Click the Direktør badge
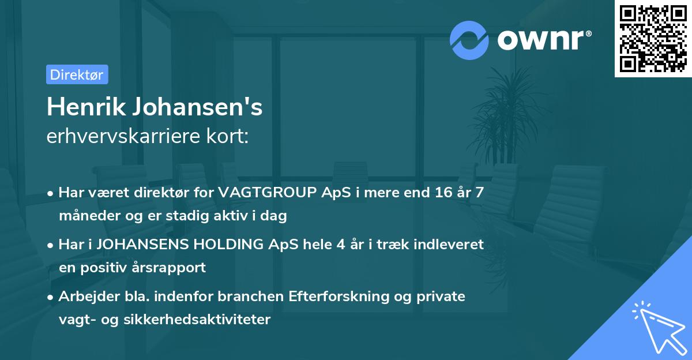[77, 74]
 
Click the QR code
[652, 38]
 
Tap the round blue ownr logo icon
[469, 40]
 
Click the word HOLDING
[220, 245]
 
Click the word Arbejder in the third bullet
[85, 297]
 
